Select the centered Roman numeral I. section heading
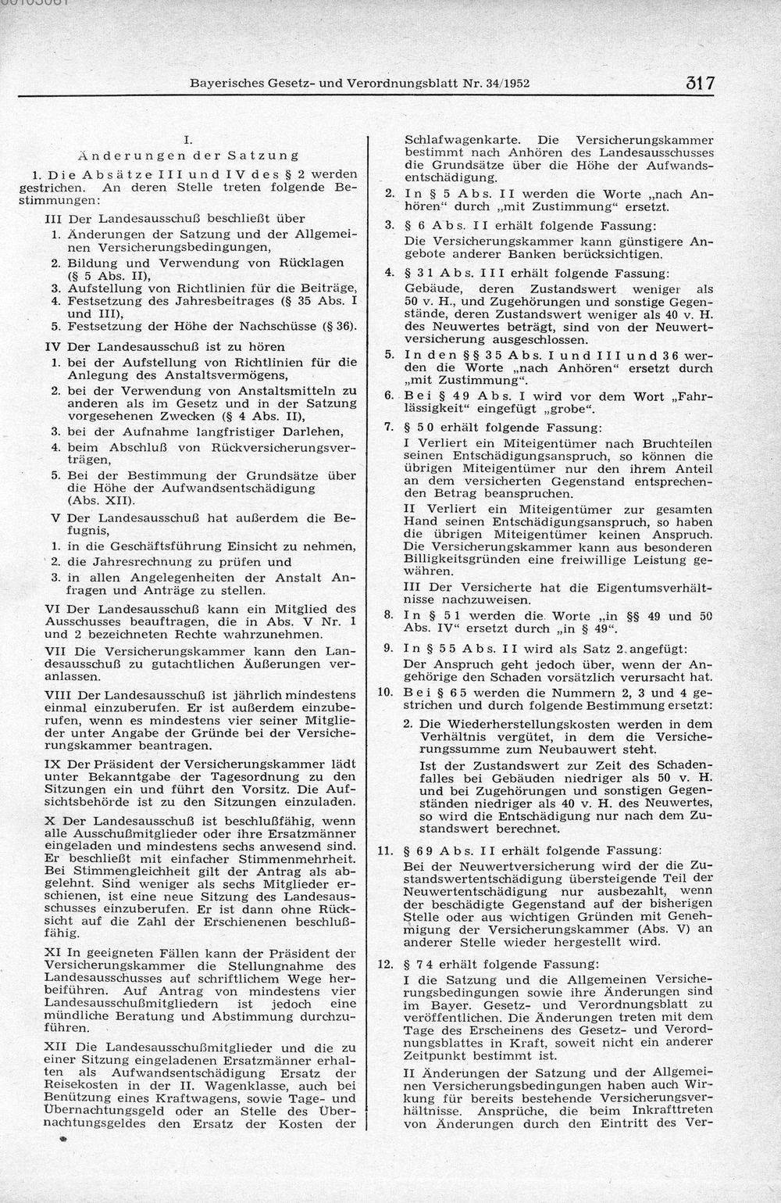tap(187, 140)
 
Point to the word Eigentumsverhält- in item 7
tap(661, 586)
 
